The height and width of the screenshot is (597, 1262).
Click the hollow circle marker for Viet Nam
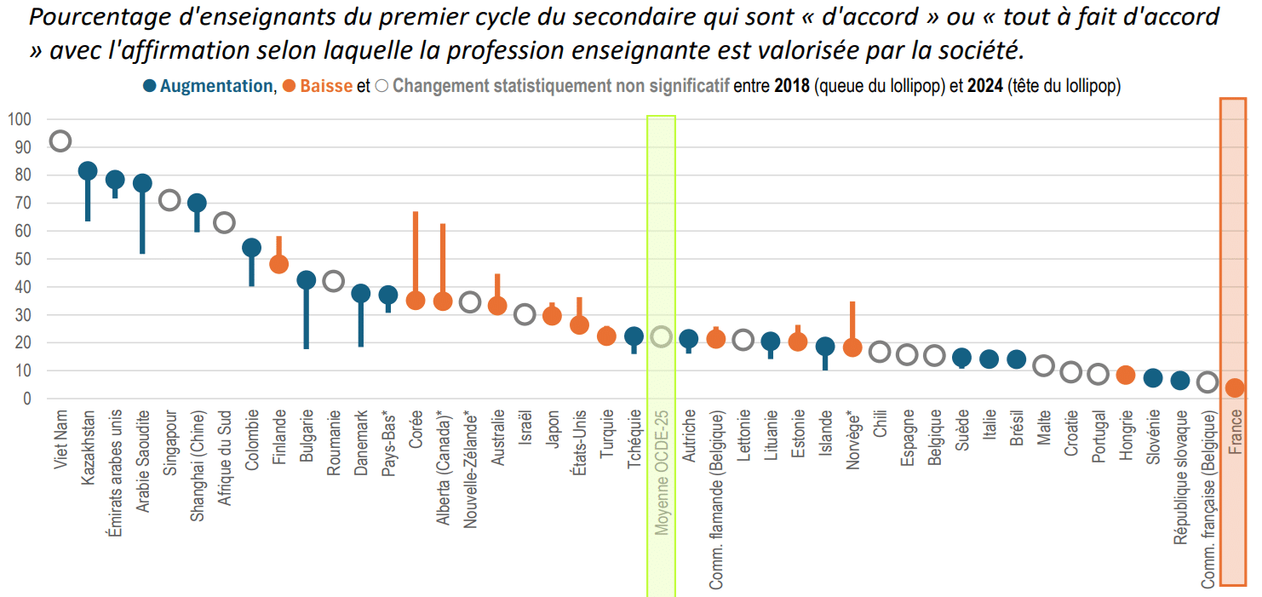[60, 141]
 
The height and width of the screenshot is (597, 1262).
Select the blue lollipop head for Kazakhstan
[88, 171]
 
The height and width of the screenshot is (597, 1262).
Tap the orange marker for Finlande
[278, 264]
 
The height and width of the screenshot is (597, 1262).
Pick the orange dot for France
[1235, 388]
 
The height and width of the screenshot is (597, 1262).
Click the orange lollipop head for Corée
[416, 301]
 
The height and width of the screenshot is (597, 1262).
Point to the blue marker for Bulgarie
[306, 280]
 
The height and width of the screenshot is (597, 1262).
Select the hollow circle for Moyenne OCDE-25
[661, 336]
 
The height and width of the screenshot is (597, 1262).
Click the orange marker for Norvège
[852, 347]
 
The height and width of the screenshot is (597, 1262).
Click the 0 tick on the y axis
[26, 399]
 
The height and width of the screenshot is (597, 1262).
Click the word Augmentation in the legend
[216, 86]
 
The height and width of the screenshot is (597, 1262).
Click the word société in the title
[980, 50]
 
